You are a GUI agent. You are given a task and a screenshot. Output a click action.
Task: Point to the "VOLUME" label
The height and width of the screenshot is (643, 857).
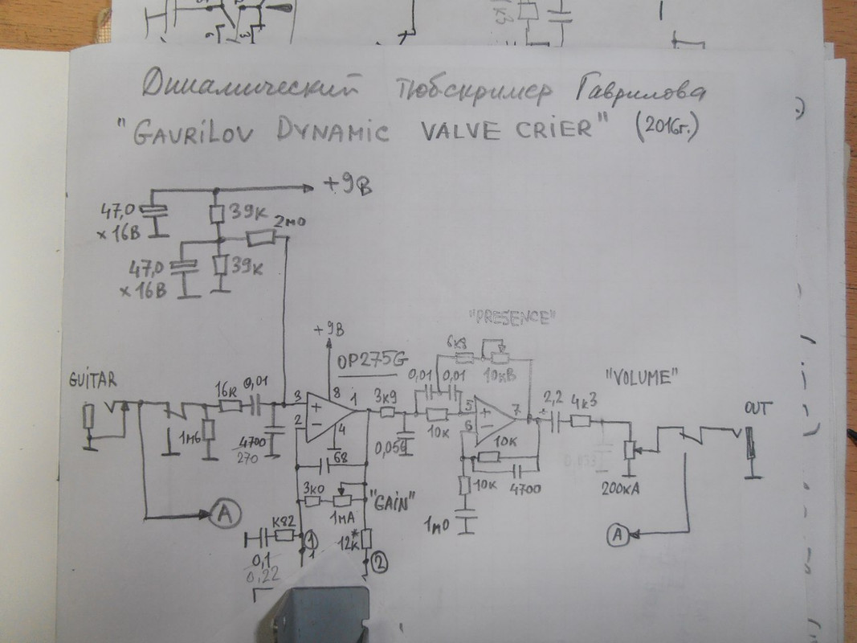click(x=640, y=375)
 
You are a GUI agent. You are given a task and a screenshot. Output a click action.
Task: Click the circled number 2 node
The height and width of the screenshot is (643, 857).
click(x=380, y=564)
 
